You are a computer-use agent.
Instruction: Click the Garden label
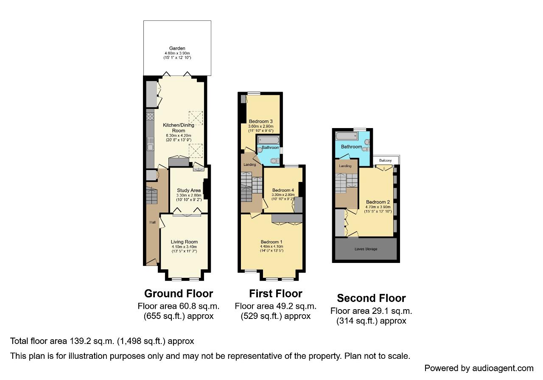point(177,48)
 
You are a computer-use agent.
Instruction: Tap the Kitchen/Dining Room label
point(179,128)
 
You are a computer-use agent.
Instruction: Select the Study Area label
point(189,190)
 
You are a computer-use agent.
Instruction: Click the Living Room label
point(184,242)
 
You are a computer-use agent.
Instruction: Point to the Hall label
point(152,222)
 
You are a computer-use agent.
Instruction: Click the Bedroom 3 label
point(261,121)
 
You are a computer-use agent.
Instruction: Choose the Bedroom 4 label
point(283,190)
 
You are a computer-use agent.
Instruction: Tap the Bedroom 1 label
point(271,242)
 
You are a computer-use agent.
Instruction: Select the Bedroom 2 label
point(378,202)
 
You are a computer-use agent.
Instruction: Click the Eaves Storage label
point(366,249)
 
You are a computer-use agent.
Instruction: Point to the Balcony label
point(386,160)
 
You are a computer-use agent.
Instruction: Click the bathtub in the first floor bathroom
point(269,140)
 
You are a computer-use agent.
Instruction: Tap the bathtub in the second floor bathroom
point(347,136)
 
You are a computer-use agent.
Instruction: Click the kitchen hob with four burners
point(150,116)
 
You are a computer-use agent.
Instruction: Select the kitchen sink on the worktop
point(150,144)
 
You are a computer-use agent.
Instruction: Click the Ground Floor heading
point(179,293)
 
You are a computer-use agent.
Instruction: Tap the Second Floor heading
point(371,298)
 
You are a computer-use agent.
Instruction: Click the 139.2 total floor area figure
point(80,341)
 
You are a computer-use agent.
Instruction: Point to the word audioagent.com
point(503,368)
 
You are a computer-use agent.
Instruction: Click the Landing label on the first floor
point(250,165)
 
